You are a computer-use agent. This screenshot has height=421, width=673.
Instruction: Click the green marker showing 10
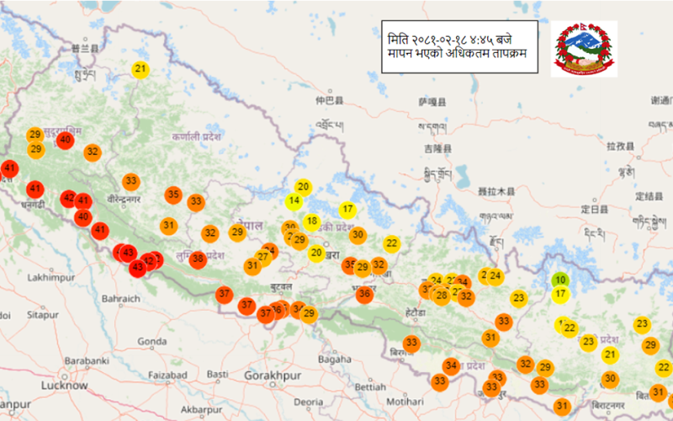pyautogui.click(x=560, y=280)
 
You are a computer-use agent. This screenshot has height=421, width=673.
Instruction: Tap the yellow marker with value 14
pyautogui.click(x=294, y=201)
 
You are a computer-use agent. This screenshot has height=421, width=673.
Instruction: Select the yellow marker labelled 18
pyautogui.click(x=311, y=222)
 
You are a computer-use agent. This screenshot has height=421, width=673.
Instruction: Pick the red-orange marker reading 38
pyautogui.click(x=198, y=259)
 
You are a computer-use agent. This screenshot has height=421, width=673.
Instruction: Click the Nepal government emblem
pyautogui.click(x=584, y=50)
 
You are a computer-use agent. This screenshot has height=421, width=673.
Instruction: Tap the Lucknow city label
pyautogui.click(x=65, y=386)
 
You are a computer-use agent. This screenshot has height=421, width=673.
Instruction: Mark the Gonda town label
pyautogui.click(x=152, y=341)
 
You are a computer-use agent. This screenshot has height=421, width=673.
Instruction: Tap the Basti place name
pyautogui.click(x=218, y=373)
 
